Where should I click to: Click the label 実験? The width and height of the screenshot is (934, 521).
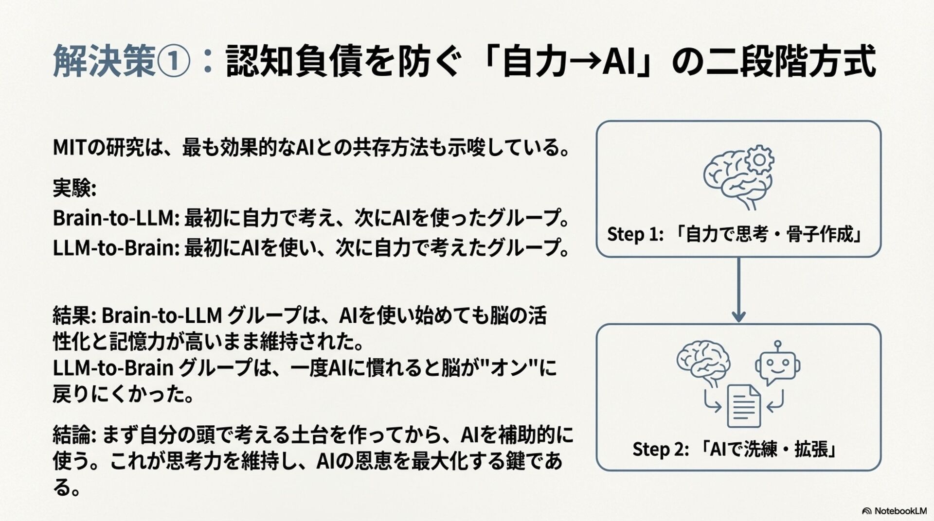click(74, 189)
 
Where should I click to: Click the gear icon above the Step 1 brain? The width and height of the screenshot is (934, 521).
click(758, 160)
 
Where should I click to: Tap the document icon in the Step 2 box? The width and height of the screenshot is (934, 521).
click(743, 406)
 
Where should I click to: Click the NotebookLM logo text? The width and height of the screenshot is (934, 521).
click(900, 511)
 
